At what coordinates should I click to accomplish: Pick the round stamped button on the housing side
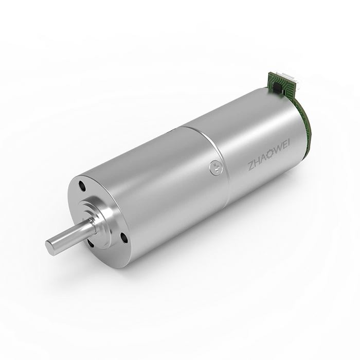pyautogui.click(x=216, y=167)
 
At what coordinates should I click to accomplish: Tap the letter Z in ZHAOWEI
pyautogui.click(x=251, y=167)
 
